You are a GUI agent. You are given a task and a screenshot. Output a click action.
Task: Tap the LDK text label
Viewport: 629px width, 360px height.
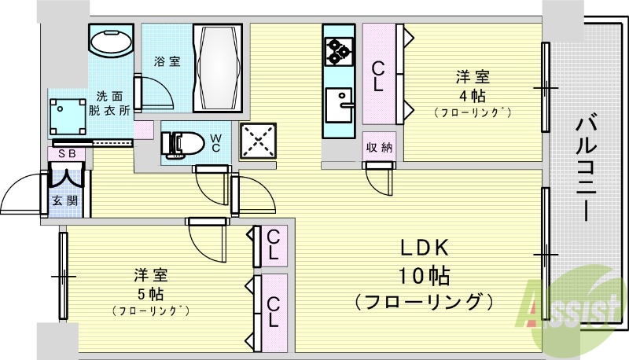tap(425, 248)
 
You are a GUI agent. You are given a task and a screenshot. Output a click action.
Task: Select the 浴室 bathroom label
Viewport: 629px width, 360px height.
tap(167, 61)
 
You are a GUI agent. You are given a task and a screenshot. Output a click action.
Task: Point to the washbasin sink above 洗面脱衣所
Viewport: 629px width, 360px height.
tap(112, 41)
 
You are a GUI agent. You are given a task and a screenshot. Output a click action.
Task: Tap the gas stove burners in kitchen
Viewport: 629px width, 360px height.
tap(339, 50)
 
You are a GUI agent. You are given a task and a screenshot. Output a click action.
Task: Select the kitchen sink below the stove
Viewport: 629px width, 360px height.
tap(340, 105)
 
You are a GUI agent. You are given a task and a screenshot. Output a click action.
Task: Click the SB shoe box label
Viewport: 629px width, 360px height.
tap(66, 153)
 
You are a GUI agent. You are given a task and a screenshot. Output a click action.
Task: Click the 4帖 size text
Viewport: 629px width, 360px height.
tap(473, 96)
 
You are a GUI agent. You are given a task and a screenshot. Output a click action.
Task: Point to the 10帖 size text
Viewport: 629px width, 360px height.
tap(425, 275)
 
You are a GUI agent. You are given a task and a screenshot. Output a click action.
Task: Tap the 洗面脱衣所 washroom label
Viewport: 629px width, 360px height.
tap(110, 104)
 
